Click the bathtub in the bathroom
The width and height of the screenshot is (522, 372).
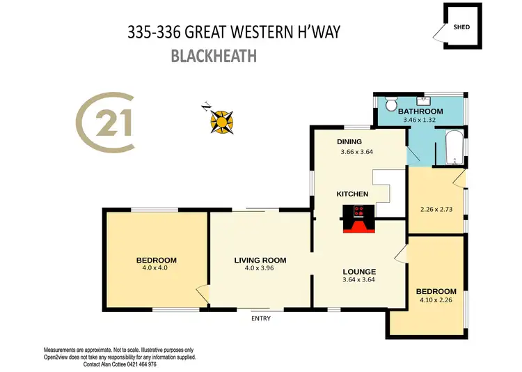pyautogui.click(x=453, y=147)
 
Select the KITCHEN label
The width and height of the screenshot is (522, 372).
pyautogui.click(x=352, y=194)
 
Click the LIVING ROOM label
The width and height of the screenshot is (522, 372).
pyautogui.click(x=260, y=261)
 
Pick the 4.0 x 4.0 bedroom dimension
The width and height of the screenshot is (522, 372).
pyautogui.click(x=155, y=268)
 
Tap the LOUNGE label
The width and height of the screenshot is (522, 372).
pyautogui.click(x=359, y=272)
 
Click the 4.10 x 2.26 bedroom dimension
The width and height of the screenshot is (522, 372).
pyautogui.click(x=436, y=301)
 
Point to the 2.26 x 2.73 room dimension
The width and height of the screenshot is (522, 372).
pyautogui.click(x=436, y=207)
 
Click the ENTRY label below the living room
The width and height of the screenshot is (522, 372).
pyautogui.click(x=261, y=318)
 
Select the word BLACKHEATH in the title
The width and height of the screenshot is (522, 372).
pyautogui.click(x=214, y=56)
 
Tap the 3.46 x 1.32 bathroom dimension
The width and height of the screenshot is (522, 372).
pyautogui.click(x=422, y=121)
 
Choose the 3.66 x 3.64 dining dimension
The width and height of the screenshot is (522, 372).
pyautogui.click(x=356, y=152)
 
